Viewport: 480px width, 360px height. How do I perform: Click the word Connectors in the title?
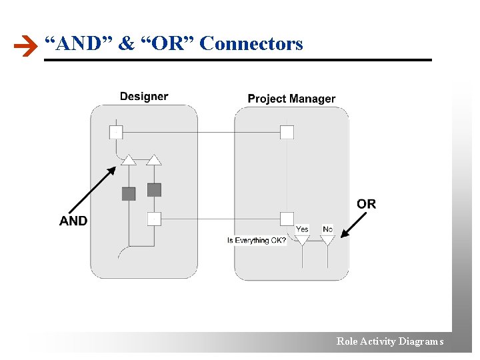[x=251, y=44]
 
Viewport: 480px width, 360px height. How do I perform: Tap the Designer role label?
[x=144, y=97]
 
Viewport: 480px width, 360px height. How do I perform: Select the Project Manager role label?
[x=291, y=99]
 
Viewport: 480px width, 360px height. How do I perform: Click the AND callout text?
[x=73, y=221]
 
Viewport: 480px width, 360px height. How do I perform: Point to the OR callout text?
[x=366, y=204]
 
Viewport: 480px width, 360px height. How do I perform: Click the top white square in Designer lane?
[x=116, y=132]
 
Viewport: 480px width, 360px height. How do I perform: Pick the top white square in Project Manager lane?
[x=287, y=132]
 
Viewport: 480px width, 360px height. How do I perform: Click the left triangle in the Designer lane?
[x=129, y=159]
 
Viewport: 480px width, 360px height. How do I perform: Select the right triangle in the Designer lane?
[x=154, y=159]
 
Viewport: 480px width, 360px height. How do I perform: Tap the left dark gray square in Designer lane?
[x=129, y=193]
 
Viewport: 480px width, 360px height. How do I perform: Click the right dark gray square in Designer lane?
[x=154, y=190]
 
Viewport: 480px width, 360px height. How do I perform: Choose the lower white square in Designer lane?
[x=154, y=218]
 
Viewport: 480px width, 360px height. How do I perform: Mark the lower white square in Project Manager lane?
[x=287, y=218]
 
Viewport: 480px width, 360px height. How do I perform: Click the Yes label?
[x=302, y=229]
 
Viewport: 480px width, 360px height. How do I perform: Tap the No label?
[x=327, y=229]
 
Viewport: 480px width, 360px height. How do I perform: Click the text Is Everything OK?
[x=257, y=240]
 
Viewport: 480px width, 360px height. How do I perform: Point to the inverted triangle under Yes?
[x=302, y=239]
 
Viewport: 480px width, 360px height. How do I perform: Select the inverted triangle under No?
[x=327, y=239]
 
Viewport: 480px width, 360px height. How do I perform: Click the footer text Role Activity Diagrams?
[x=390, y=341]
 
